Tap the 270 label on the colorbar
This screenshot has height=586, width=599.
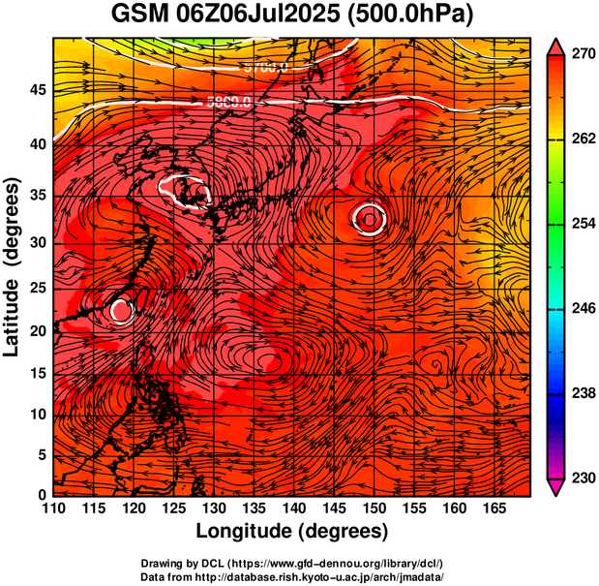[583, 55]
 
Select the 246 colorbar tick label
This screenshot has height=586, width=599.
[583, 309]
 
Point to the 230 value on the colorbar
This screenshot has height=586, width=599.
[583, 478]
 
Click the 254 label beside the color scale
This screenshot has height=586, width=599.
[583, 224]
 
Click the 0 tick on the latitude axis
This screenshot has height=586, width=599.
[43, 495]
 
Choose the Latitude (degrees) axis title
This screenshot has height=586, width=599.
[14, 266]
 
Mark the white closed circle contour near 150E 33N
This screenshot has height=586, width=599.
[370, 219]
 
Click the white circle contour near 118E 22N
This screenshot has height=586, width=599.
[121, 310]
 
